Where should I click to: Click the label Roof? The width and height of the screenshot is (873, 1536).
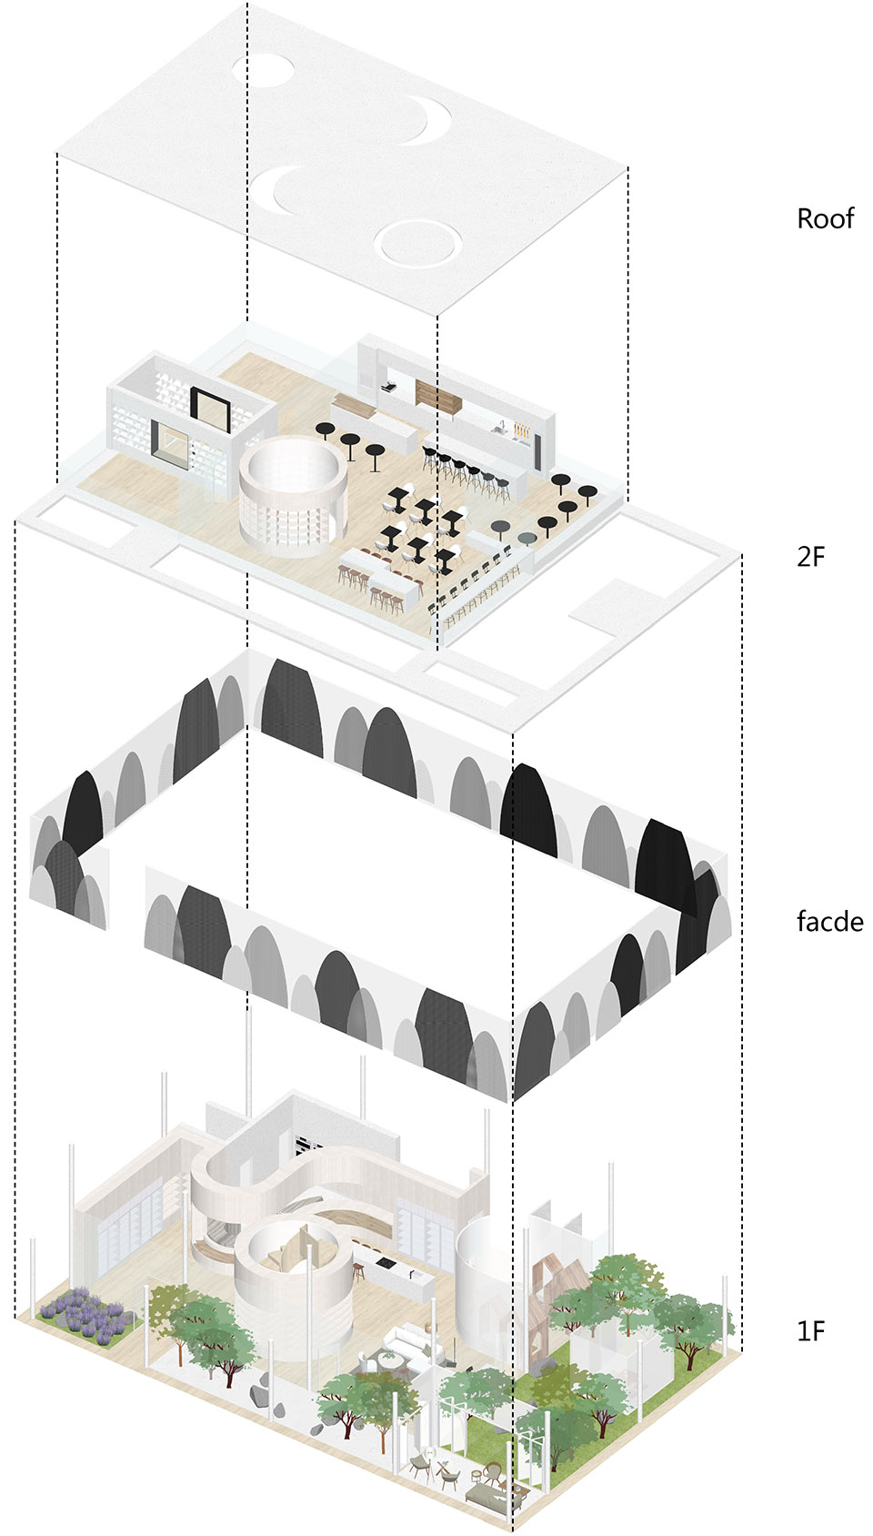[x=825, y=218]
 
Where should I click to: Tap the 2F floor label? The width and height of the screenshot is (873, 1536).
[x=810, y=556]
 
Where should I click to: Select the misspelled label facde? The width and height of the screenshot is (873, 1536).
[x=829, y=922]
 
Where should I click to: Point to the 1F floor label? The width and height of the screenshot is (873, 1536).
[x=810, y=1331]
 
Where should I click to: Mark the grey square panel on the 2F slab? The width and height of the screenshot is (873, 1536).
[x=609, y=607]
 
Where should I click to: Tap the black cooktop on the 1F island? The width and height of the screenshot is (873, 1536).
[x=383, y=1262]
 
